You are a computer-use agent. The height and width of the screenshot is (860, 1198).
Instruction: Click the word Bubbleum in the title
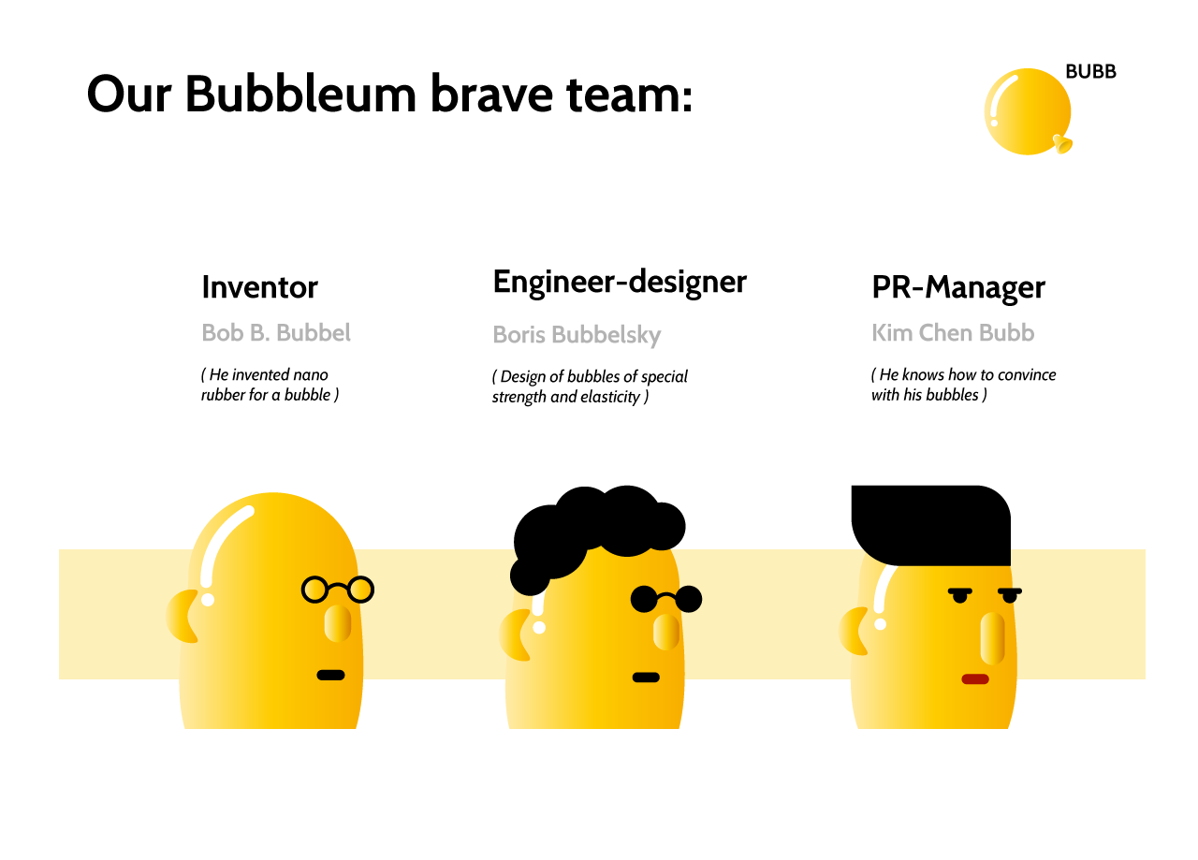click(300, 95)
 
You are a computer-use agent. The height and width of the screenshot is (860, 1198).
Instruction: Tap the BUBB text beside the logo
click(1090, 72)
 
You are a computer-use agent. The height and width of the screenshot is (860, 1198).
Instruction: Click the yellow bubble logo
click(1028, 111)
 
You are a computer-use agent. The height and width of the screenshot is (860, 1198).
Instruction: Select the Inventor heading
click(259, 287)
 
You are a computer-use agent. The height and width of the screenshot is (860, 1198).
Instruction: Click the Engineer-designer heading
click(620, 283)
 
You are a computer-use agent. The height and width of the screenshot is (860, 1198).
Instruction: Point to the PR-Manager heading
click(957, 287)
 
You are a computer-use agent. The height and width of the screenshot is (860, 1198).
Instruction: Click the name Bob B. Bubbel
click(276, 332)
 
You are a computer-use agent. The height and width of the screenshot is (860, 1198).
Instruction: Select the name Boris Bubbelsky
click(577, 335)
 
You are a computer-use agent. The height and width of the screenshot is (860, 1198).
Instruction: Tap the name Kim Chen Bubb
click(953, 332)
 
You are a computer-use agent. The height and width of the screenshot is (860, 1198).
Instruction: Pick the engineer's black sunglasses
click(665, 599)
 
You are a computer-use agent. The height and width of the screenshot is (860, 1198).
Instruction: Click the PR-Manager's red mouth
click(975, 679)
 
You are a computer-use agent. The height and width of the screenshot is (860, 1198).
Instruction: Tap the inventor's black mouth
click(330, 675)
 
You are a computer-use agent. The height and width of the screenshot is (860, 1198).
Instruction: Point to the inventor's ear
click(181, 616)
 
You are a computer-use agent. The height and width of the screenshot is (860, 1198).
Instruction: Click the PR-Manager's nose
click(993, 638)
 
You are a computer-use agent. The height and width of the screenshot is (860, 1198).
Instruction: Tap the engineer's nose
click(665, 632)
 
